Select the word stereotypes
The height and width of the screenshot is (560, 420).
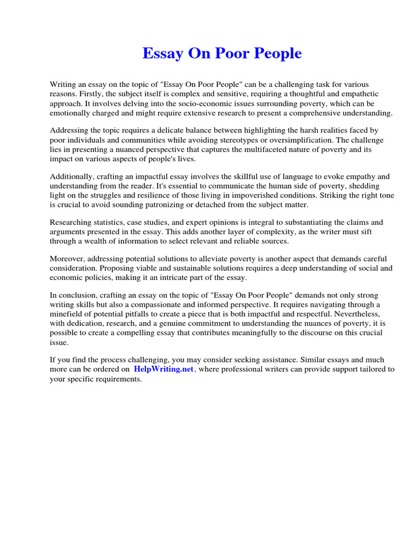pos(235,140)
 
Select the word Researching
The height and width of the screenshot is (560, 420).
pos(73,223)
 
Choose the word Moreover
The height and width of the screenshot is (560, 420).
pos(68,259)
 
